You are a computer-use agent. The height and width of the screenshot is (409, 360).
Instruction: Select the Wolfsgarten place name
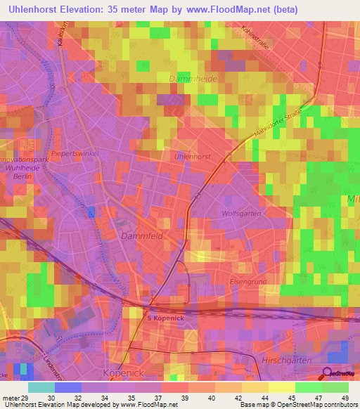[x=241, y=213]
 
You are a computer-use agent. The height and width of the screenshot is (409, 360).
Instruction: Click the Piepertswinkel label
[x=75, y=152]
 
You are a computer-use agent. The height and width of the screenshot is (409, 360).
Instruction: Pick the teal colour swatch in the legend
[x=41, y=388]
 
